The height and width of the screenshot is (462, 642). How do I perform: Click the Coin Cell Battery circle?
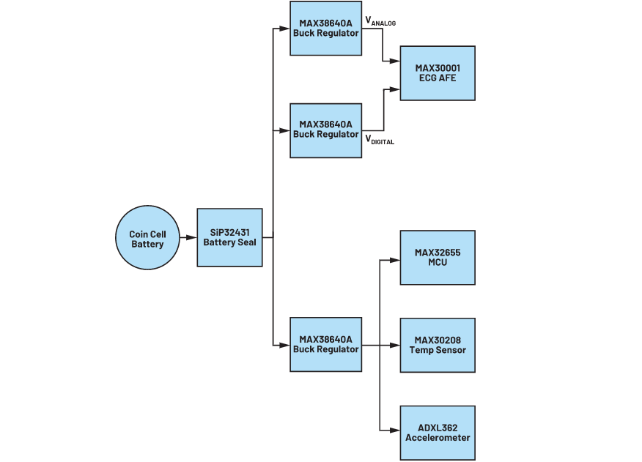click(x=147, y=238)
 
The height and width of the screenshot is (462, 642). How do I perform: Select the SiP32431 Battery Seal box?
click(x=229, y=237)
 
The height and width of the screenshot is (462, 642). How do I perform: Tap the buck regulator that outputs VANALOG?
click(x=325, y=29)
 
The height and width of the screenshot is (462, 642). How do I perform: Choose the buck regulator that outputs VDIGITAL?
click(x=325, y=130)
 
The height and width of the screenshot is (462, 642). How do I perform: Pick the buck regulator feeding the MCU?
click(x=325, y=345)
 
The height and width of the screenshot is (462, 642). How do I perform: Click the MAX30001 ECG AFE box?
click(x=437, y=73)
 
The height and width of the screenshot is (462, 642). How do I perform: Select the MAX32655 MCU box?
click(x=437, y=258)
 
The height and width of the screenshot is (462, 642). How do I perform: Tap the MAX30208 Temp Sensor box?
click(x=437, y=345)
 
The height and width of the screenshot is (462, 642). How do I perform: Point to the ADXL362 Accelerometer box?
click(x=437, y=433)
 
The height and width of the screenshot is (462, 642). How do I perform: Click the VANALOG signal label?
click(x=380, y=22)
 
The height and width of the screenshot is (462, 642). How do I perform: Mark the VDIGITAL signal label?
click(x=380, y=140)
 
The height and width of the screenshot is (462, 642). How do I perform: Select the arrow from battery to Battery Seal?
click(x=188, y=237)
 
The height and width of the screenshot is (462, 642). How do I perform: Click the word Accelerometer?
click(x=438, y=438)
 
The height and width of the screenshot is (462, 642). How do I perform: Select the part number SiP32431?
click(x=229, y=232)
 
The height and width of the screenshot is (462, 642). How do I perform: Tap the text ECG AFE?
click(x=437, y=78)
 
